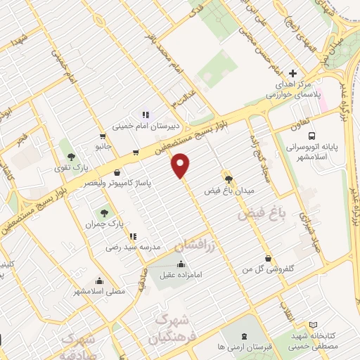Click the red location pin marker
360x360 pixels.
pyautogui.click(x=181, y=165)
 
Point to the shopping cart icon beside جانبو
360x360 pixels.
pyautogui.click(x=103, y=136)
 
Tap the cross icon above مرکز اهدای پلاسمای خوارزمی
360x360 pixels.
pyautogui.click(x=294, y=73)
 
